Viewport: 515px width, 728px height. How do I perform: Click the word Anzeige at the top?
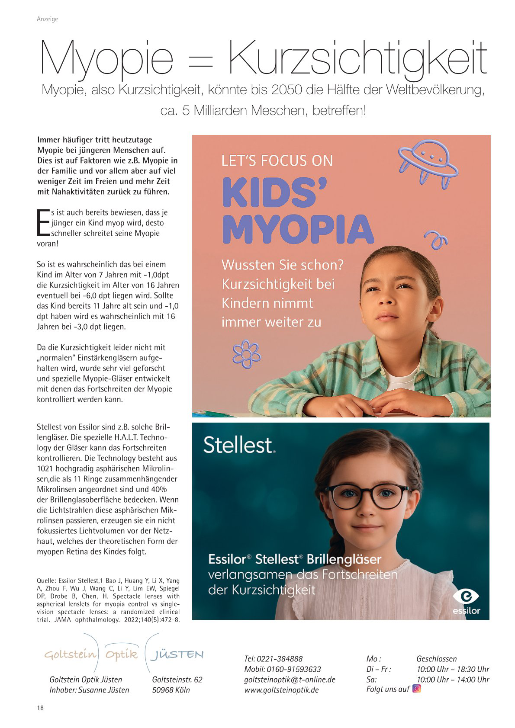coord(47,19)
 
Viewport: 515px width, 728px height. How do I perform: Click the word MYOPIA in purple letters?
coord(298,230)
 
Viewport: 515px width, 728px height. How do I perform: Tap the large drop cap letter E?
coord(43,223)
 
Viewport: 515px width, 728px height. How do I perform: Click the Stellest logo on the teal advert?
coord(239,445)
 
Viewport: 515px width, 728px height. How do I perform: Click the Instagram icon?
coord(417,688)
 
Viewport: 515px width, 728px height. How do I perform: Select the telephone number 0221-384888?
coord(280,659)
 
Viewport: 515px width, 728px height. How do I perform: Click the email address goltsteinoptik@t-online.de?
coord(290,680)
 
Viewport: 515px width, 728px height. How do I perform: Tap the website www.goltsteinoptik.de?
coord(281,690)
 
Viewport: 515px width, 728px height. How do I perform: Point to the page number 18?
coord(40,708)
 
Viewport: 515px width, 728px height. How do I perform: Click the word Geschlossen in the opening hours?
coord(436,659)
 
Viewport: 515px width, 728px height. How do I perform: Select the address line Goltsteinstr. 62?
coord(177,680)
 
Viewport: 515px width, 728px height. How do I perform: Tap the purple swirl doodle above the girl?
coord(436,241)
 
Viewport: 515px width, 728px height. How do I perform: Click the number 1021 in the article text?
coord(45,468)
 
